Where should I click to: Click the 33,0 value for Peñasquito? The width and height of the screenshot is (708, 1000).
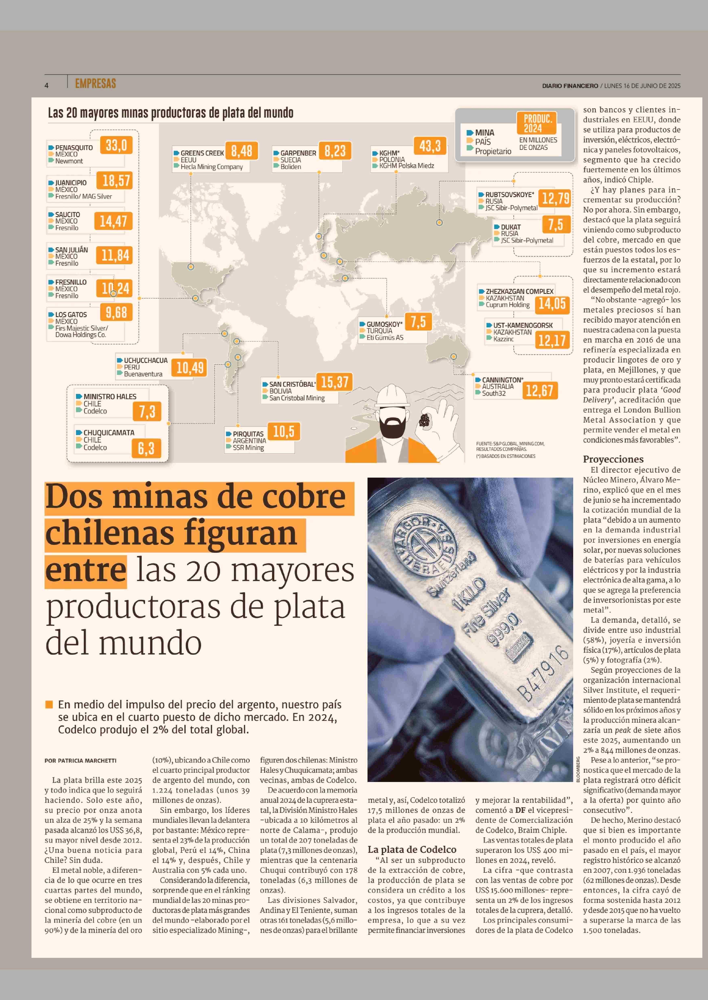[116, 145]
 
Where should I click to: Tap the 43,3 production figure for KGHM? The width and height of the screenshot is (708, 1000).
[430, 146]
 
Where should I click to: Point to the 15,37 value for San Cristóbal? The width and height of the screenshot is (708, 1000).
[334, 382]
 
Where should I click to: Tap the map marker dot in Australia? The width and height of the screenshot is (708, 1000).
[453, 356]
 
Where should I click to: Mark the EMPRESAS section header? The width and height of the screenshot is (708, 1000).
[95, 84]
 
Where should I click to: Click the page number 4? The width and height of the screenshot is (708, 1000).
[46, 85]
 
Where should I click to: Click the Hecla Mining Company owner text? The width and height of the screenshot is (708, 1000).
[212, 167]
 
